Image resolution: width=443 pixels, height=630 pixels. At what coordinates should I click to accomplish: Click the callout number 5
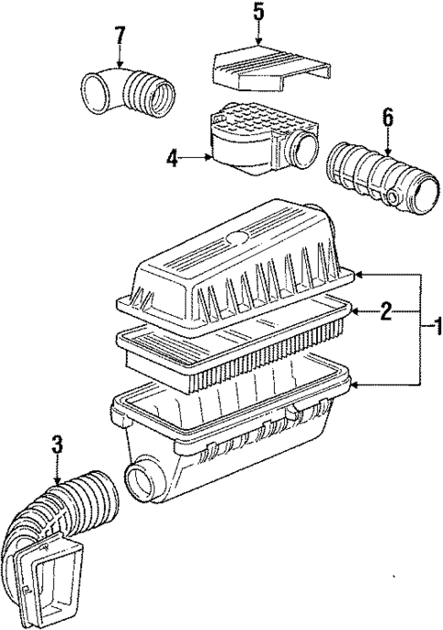coord(258,14)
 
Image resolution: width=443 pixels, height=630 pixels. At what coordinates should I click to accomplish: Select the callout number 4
coord(172,158)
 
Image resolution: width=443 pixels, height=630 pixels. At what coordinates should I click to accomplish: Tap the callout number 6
coord(387,116)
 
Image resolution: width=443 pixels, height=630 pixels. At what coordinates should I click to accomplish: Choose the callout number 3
coord(57,445)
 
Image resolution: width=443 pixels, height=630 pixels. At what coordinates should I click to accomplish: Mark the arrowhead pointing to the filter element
coord(353,313)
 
